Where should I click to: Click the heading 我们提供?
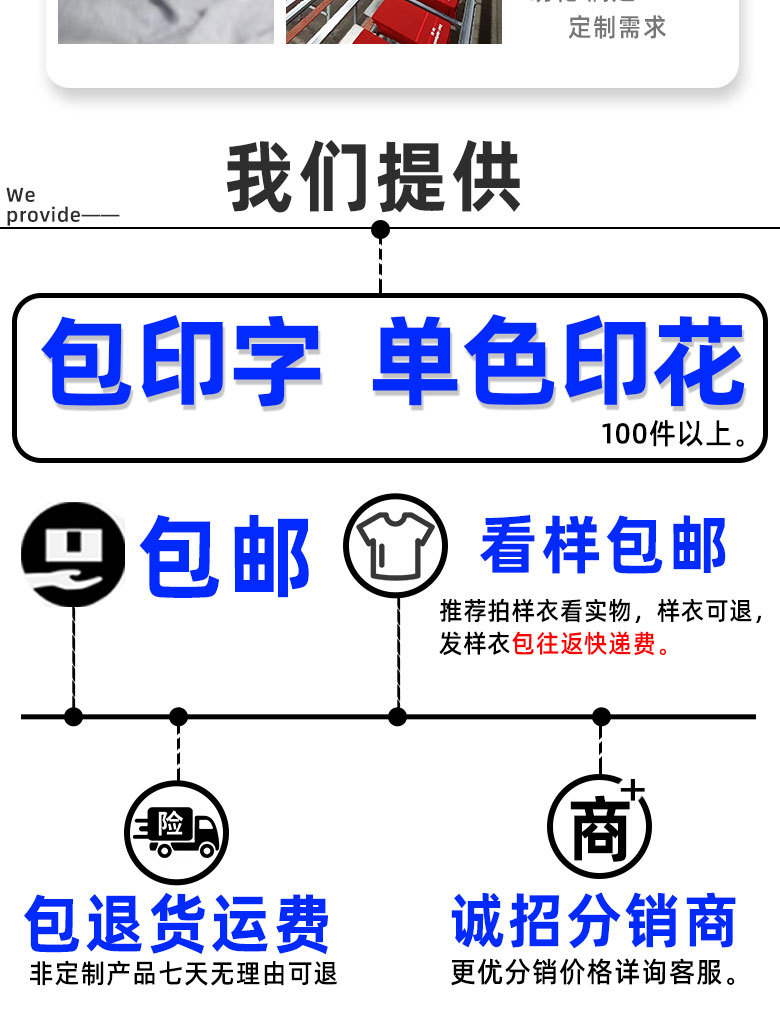coord(373,178)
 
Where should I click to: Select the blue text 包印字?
coord(181,362)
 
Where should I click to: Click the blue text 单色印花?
coord(558,362)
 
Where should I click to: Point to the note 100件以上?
coord(675,435)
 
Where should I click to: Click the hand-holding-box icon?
coord(73,554)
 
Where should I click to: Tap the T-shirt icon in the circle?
coord(396,546)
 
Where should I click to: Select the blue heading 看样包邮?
coord(603,547)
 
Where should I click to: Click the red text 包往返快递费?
coord(591,644)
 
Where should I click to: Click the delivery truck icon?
coord(177,833)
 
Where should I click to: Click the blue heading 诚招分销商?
coord(594,921)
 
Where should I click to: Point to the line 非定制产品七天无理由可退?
coord(184,973)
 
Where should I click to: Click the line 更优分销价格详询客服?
coord(596,972)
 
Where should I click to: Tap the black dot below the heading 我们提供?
coord(380,230)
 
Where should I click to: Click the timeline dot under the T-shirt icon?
coord(397,716)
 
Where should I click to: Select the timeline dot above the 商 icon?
coord(601,716)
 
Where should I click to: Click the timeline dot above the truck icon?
coord(178,716)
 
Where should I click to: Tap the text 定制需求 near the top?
coord(617,27)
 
